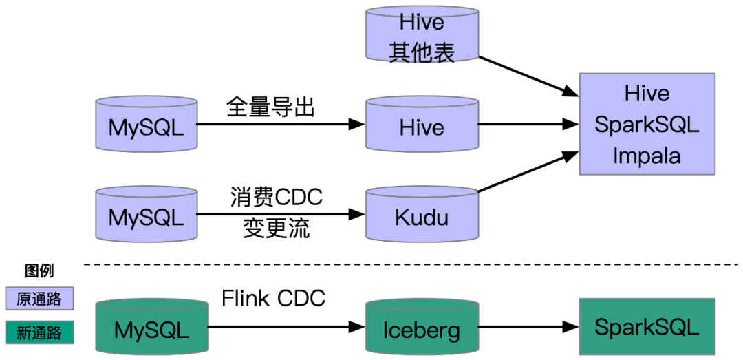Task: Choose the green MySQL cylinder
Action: coord(151,328)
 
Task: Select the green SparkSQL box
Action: coord(647,326)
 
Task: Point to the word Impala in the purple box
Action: coord(647,156)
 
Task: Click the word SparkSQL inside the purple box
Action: coord(647,125)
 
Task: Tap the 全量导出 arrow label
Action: coord(270,107)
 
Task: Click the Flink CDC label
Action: coord(273,298)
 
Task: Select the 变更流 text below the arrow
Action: coord(276,229)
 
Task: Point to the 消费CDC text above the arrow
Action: coord(276,198)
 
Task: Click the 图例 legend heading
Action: coord(39,270)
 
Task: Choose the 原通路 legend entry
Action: coord(39,299)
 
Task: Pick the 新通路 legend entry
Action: coord(39,332)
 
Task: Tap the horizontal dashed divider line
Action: coord(413,264)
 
